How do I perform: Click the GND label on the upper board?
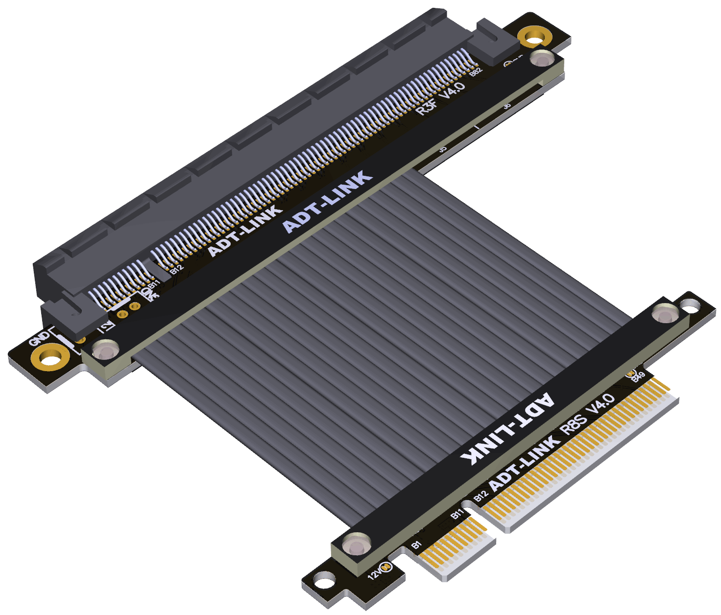(39, 338)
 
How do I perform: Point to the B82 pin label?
(476, 71)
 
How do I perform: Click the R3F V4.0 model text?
(440, 98)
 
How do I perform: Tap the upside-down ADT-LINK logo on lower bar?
(507, 430)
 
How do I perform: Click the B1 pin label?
(416, 544)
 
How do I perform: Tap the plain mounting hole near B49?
(691, 307)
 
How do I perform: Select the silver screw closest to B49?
(664, 313)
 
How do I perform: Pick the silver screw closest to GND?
(105, 351)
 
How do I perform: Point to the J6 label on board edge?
(507, 105)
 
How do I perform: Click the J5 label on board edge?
(443, 148)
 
